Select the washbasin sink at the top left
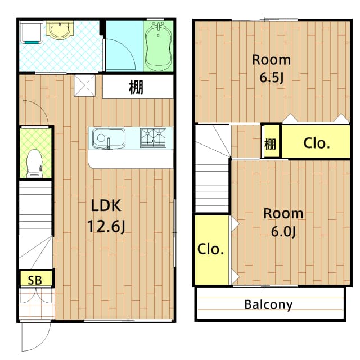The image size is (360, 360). click(56, 30)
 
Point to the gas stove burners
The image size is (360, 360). click(153, 137)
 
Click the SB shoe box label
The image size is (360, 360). click(35, 278)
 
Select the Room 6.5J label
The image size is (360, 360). click(271, 68)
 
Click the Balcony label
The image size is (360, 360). click(268, 305)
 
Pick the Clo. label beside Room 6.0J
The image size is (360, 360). click(211, 249)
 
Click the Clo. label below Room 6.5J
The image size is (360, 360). click(316, 143)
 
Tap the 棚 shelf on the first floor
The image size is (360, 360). click(136, 88)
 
